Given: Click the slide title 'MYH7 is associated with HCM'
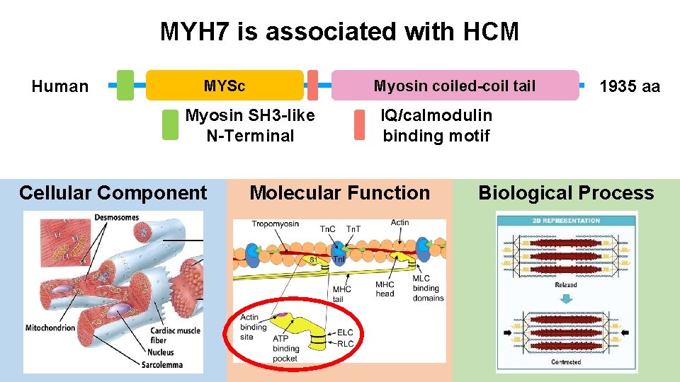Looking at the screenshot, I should coord(339,32).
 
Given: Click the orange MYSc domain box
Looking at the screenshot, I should coord(225,86).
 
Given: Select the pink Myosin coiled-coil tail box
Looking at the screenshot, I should coord(455,86).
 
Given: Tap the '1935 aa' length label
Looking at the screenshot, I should coord(629,86).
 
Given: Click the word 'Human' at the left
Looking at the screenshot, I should coord(60,86).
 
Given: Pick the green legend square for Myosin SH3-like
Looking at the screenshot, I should coord(170,125).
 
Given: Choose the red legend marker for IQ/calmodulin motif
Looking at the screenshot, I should coord(359,125).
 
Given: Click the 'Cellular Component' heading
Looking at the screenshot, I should coord(113,192).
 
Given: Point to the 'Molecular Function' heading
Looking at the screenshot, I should coord(339,192).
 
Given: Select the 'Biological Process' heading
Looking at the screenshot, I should coord(566,192).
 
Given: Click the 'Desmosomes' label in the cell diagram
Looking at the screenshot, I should coord(116,217).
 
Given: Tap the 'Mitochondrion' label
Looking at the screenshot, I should coord(50,328).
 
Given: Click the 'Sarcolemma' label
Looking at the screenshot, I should coord(161,365).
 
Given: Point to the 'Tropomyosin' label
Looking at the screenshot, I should coord(276,224).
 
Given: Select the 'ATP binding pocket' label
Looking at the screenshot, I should coord(286,348).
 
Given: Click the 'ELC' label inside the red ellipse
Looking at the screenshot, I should coord(345,332).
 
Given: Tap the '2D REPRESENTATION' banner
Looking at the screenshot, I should coord(566,220).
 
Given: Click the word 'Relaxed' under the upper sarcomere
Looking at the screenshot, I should coord(566,284).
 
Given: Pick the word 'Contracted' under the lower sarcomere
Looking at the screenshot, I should coord(566,362).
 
